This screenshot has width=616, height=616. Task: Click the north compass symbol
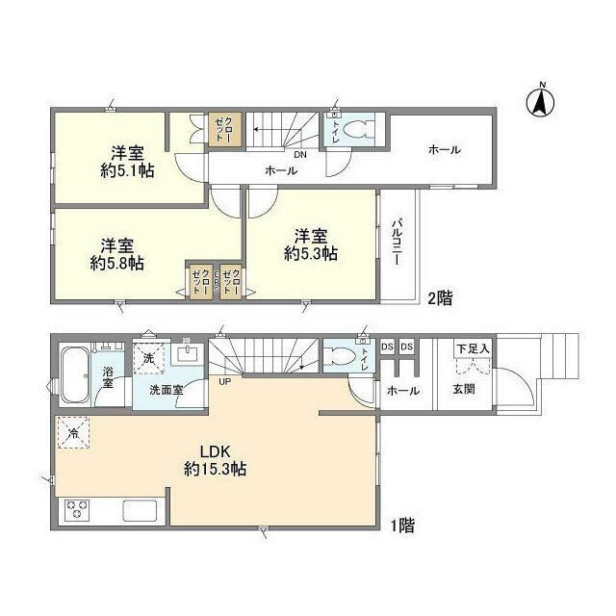(542, 99)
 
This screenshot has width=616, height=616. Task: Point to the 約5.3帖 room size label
(310, 253)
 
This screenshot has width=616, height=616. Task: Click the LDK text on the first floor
(215, 450)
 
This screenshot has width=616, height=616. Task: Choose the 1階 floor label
(402, 526)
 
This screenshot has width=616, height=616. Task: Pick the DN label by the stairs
(300, 152)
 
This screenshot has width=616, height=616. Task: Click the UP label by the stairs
(224, 381)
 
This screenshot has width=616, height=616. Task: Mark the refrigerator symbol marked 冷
(71, 433)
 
